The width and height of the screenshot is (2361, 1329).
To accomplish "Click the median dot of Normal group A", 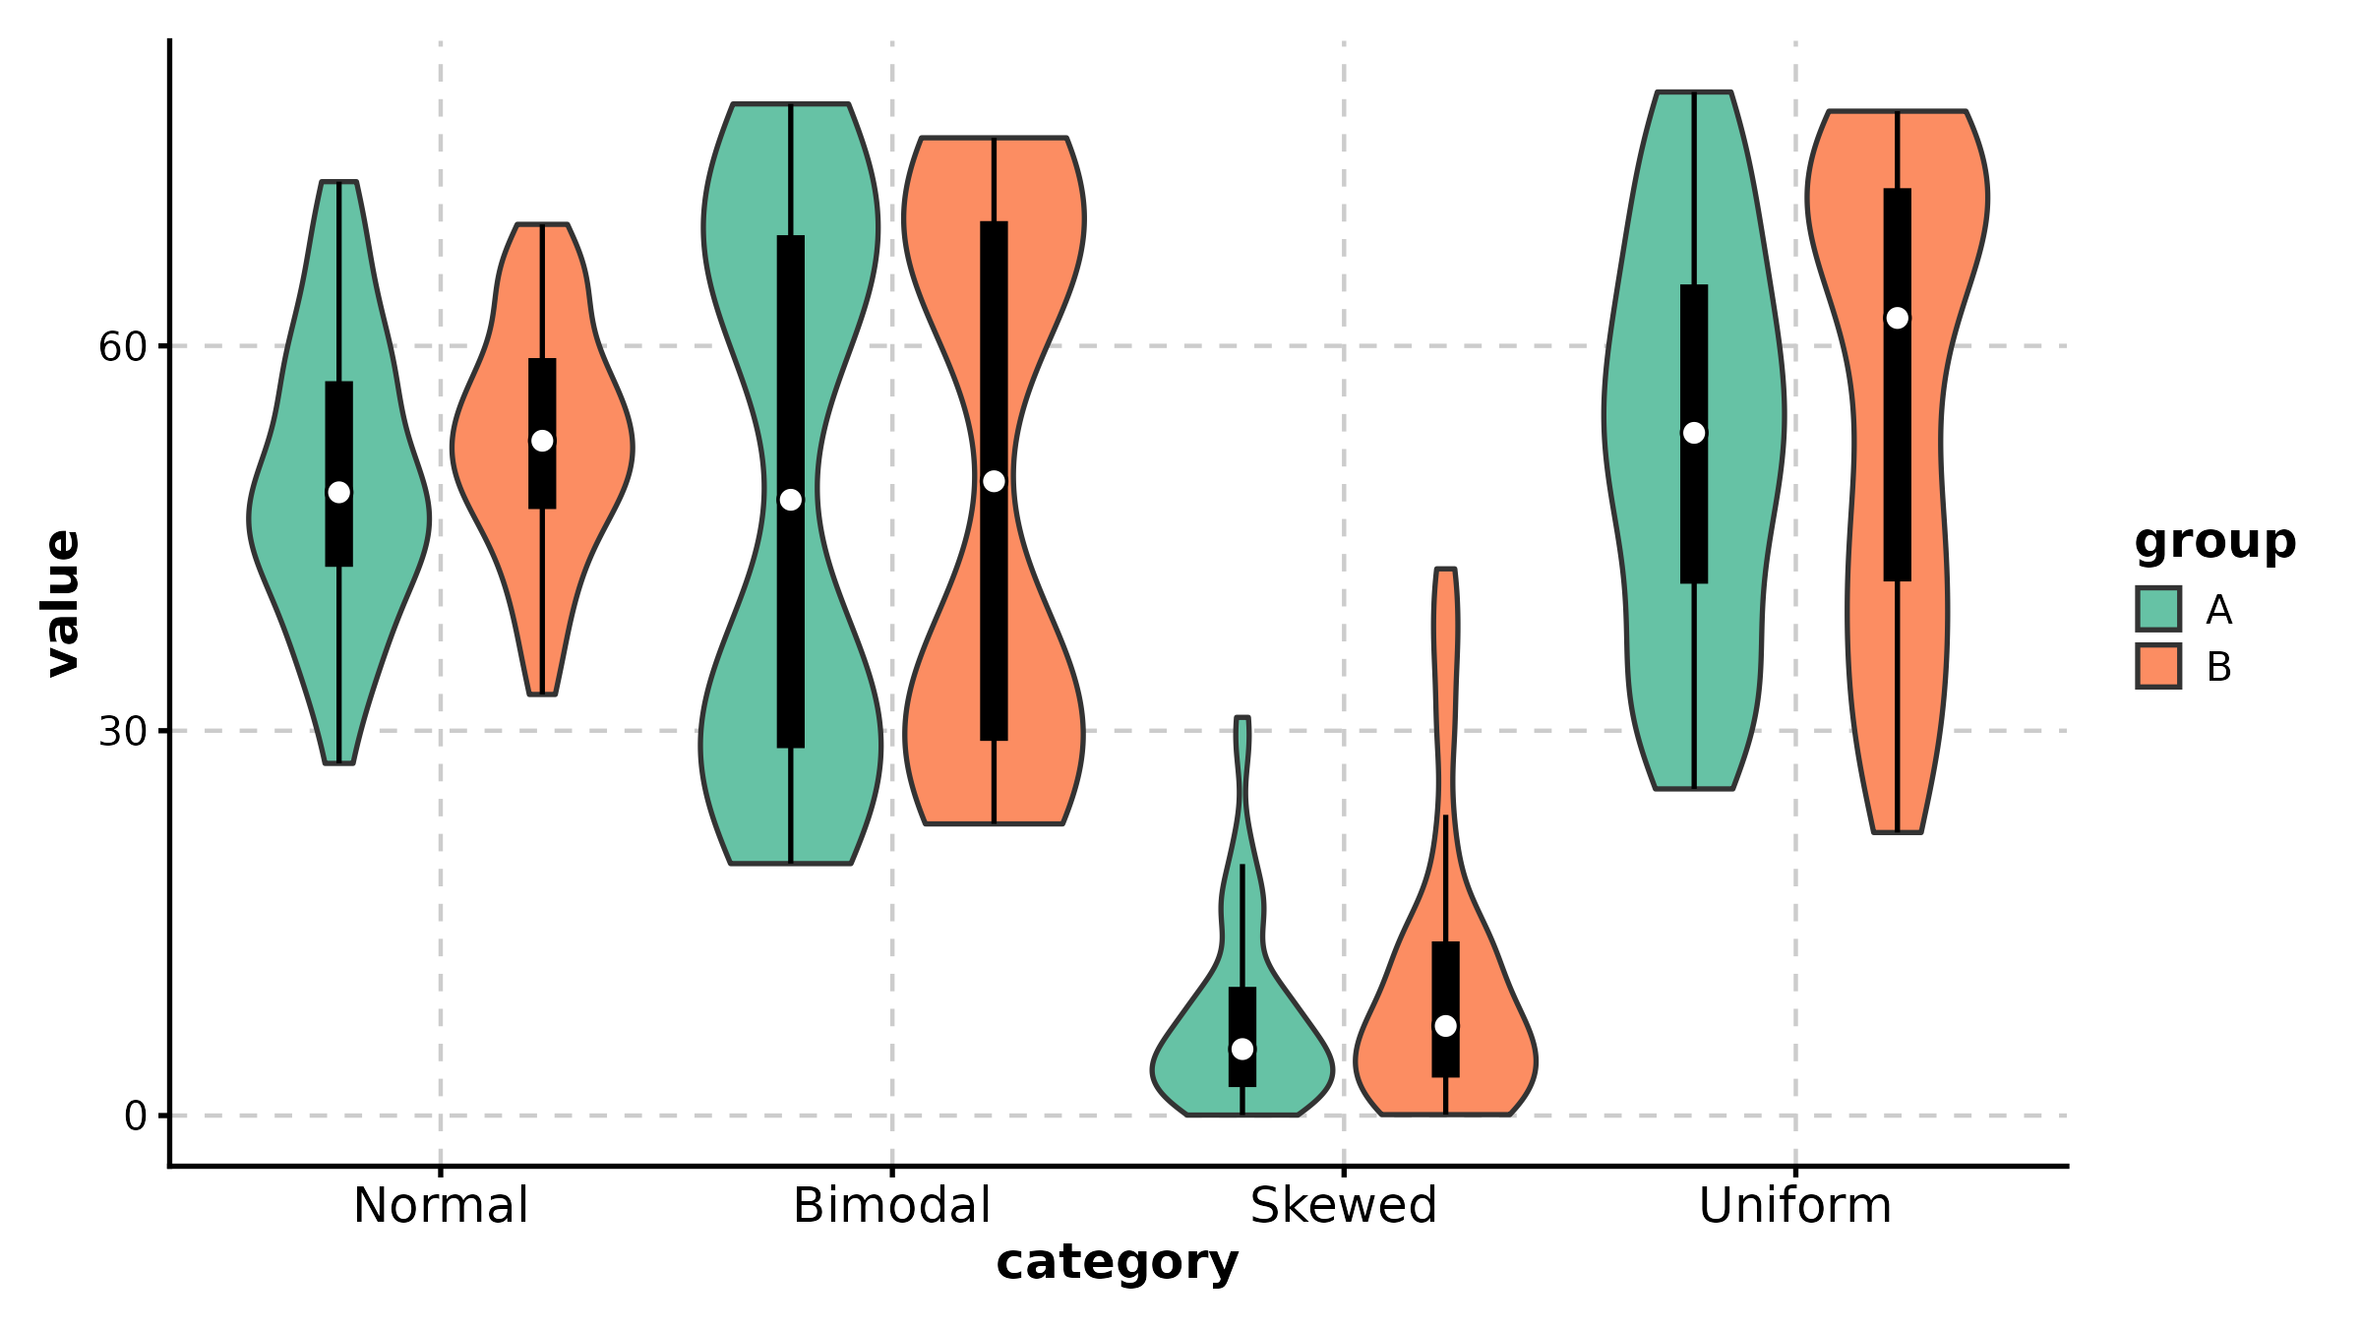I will pos(338,492).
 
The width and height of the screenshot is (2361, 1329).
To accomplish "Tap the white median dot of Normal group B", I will pos(542,441).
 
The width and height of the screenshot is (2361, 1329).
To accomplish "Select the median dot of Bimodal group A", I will pos(791,500).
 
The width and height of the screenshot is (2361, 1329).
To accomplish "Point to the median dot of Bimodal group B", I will pos(995,481).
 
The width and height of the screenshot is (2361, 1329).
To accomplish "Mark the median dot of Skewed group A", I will pos(1242,1049).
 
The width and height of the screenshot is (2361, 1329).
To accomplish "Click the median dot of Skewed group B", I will pos(1445,1026).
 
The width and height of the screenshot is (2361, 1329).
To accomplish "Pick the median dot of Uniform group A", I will pos(1694,433).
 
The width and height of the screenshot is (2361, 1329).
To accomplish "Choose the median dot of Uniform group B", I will pos(1898,318).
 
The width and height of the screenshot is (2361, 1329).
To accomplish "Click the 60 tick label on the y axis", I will pos(122,346).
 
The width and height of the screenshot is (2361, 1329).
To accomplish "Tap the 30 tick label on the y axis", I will pos(122,731).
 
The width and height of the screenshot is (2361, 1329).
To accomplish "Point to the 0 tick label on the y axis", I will pos(135,1117).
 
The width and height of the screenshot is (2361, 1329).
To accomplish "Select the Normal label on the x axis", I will pos(441,1206).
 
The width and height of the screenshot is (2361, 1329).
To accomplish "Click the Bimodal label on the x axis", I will pos(892,1206).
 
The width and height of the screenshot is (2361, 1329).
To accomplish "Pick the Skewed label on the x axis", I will pos(1344,1206).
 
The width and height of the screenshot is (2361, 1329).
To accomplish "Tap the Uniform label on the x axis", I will pos(1795,1206).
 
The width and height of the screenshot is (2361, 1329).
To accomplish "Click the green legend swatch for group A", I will pos(2158,609).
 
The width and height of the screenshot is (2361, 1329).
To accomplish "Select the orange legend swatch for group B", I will pos(2158,666).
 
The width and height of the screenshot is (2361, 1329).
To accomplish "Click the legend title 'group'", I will pos(2215,542).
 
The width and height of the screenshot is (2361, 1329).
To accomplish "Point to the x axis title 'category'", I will pos(1118,1263).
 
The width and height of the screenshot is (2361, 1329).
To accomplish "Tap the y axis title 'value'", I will pos(63,603).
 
